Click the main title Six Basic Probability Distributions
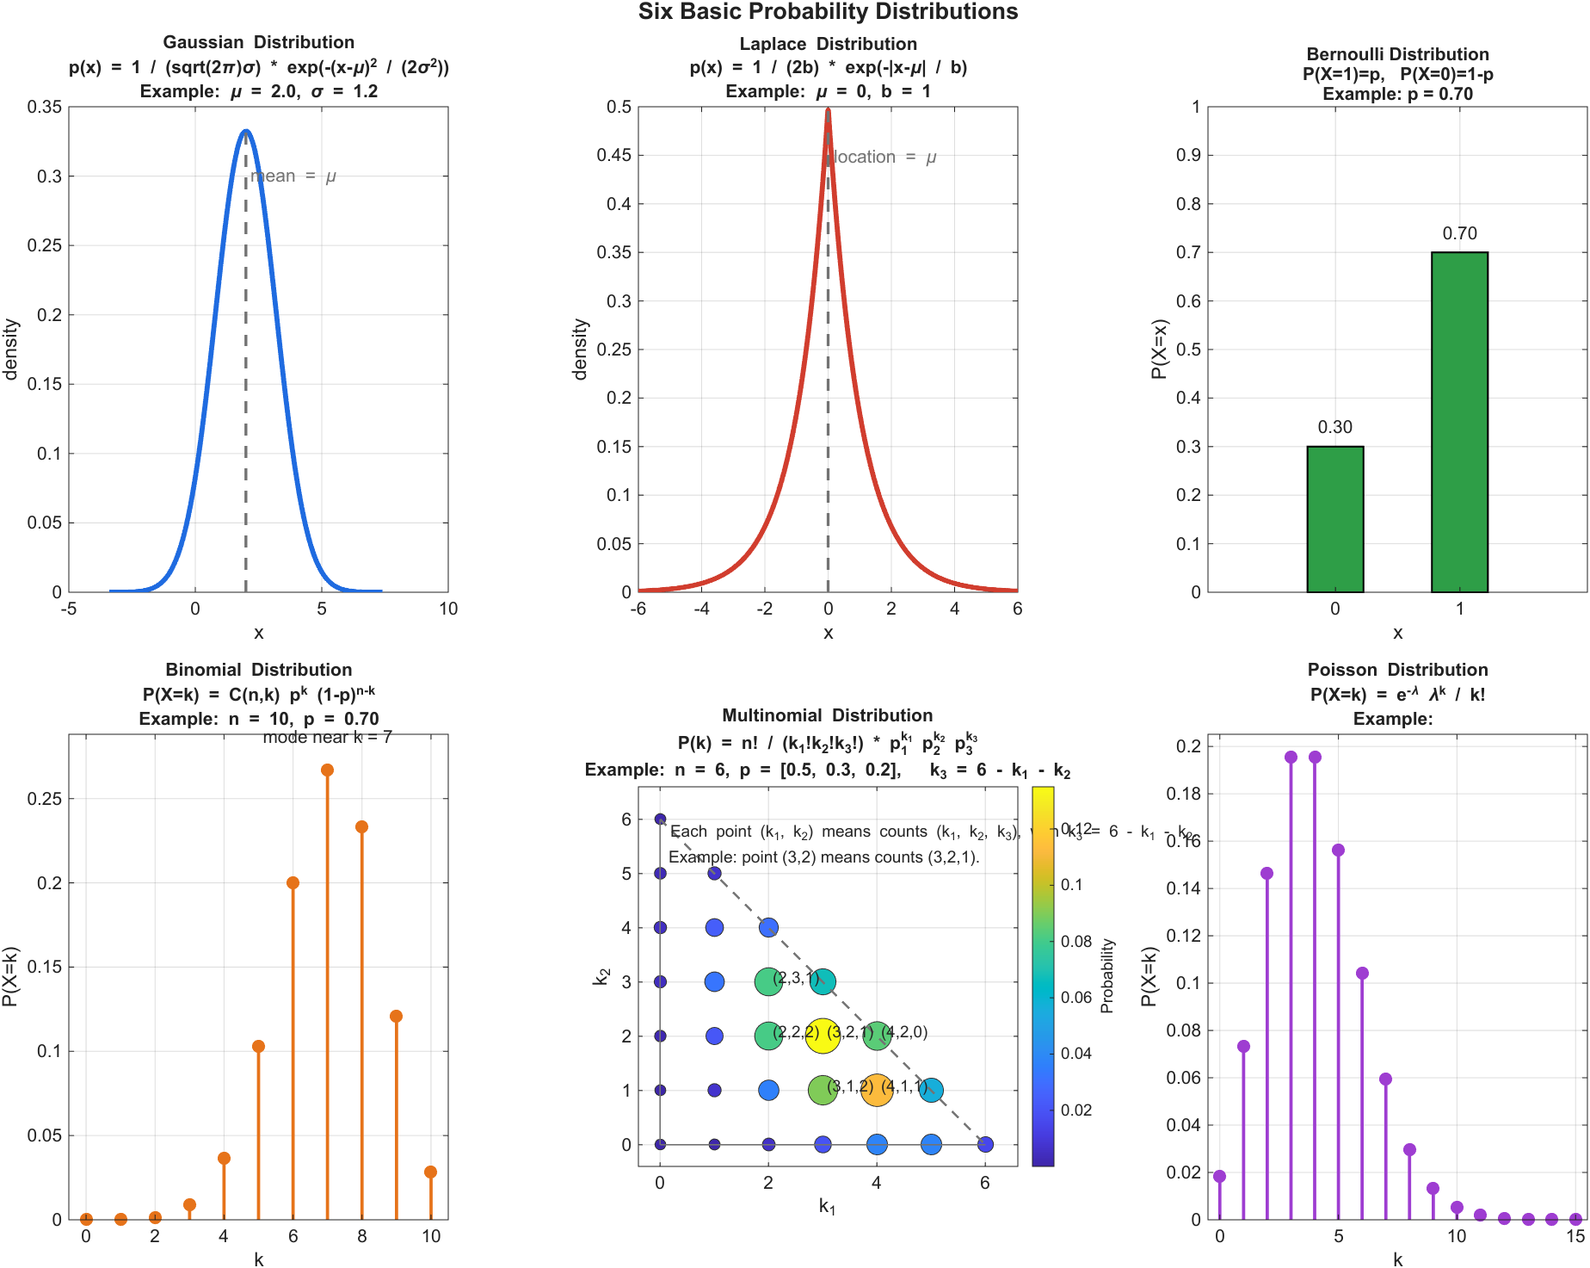828,12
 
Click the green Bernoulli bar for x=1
1459,422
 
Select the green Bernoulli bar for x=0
1334,519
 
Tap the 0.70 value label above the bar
1459,233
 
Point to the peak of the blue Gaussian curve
246,132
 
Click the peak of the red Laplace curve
828,110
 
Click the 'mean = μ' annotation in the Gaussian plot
293,176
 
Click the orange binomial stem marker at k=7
327,770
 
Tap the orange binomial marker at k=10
430,1172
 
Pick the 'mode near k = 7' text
327,738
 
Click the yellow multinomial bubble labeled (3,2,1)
823,1036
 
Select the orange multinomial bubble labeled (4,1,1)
876,1090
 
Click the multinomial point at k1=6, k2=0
985,1144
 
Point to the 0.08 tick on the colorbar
1075,941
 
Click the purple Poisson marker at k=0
1219,1176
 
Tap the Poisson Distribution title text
1397,670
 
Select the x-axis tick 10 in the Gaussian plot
448,609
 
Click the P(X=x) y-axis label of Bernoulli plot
1160,349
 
